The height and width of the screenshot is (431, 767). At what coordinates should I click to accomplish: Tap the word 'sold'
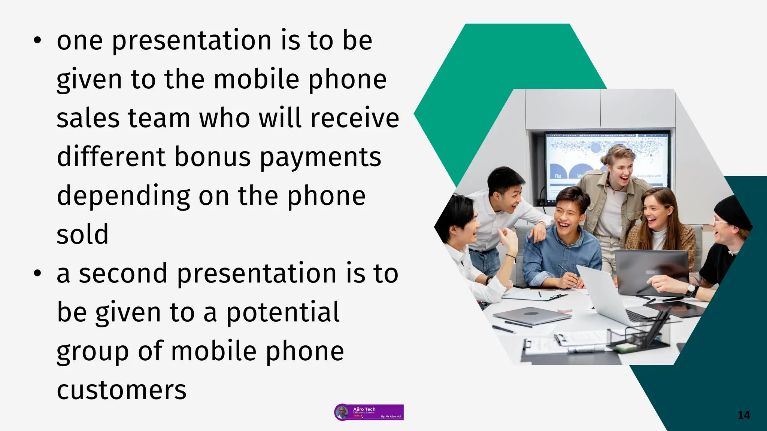pos(82,235)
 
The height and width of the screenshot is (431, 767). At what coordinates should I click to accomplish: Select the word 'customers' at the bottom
pos(121,390)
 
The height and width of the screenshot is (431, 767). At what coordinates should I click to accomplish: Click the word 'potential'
pos(283,312)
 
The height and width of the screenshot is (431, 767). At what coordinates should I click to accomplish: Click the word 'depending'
pos(123,196)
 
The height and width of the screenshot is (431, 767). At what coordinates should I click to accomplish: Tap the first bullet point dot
pos(37,41)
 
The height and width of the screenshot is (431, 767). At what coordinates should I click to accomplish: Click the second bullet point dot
pos(37,274)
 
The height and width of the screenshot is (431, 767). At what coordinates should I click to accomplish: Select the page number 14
pos(743,415)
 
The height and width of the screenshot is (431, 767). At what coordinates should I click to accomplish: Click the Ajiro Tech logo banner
pos(369,412)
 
